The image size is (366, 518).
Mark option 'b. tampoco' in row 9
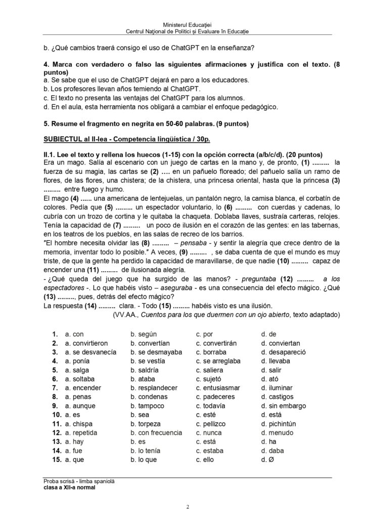(148, 406)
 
